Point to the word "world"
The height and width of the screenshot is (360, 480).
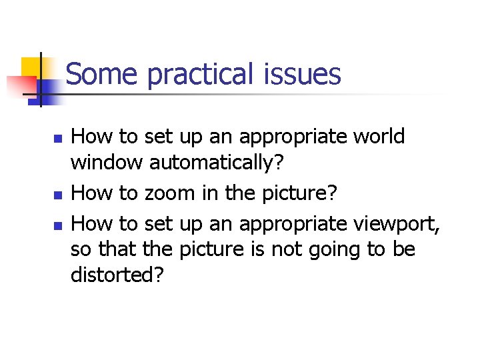[x=379, y=137]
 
